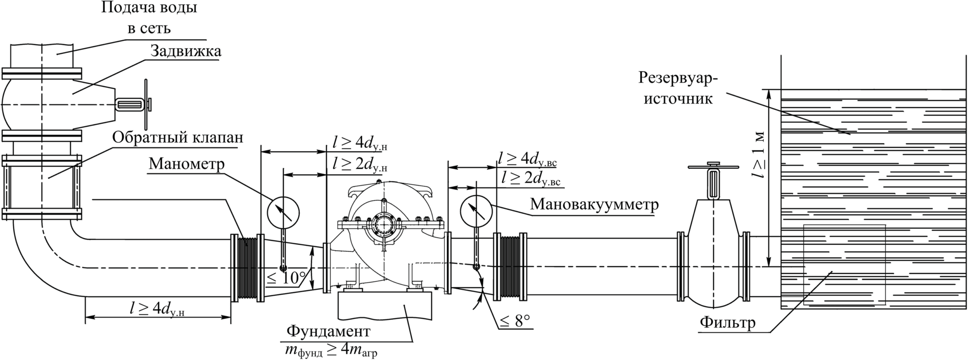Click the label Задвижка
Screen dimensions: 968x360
(185, 51)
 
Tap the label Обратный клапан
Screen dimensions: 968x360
(178, 137)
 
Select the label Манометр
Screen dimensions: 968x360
(187, 164)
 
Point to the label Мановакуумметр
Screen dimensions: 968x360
(594, 205)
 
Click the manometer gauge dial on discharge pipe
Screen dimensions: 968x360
(284, 212)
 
